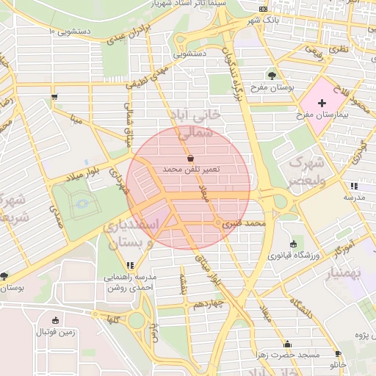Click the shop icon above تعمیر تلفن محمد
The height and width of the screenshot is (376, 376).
(191, 158)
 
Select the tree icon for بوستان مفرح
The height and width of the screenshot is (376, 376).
(272, 75)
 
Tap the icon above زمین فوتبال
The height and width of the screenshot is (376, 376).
(55, 320)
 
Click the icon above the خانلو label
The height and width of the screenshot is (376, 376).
(339, 352)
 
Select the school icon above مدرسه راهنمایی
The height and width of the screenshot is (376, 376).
(131, 264)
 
